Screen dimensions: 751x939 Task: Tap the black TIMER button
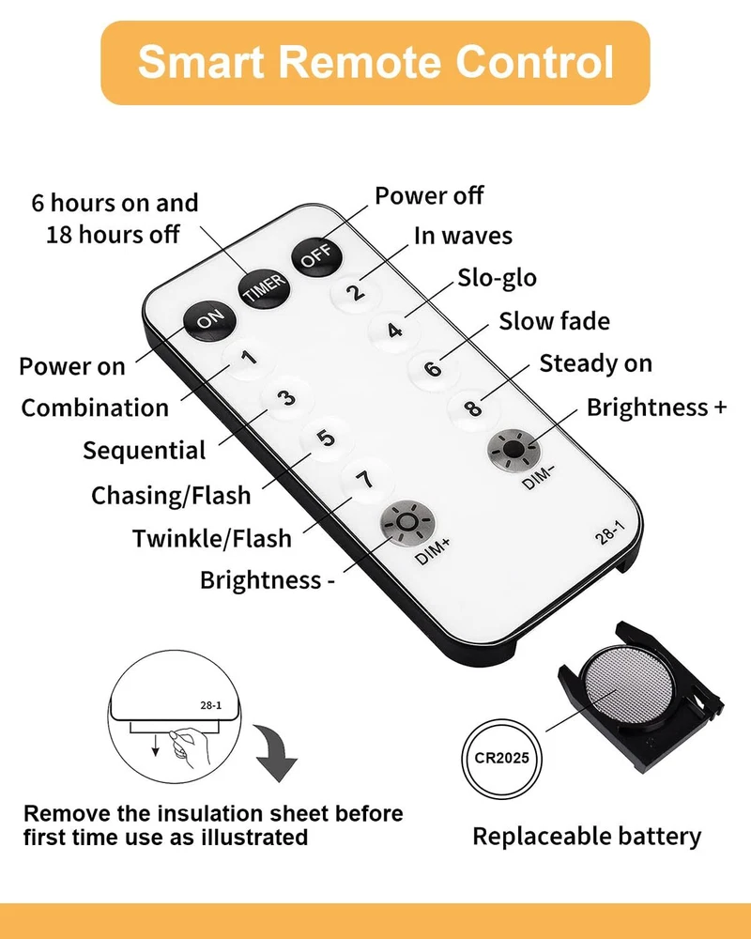pyautogui.click(x=264, y=288)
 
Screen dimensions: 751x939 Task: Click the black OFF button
pyautogui.click(x=316, y=255)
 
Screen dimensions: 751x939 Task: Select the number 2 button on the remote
pyautogui.click(x=357, y=292)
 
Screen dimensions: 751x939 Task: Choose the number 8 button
pyautogui.click(x=473, y=408)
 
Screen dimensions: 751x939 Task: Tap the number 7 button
pyautogui.click(x=365, y=480)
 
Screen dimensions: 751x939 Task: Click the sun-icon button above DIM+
pyautogui.click(x=407, y=522)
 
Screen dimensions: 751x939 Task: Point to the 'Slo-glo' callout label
pyautogui.click(x=498, y=279)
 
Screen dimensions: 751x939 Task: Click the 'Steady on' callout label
pyautogui.click(x=596, y=363)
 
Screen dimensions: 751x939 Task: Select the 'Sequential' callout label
pyautogui.click(x=145, y=451)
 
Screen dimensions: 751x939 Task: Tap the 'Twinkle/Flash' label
pyautogui.click(x=212, y=538)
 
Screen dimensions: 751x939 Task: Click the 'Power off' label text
pyautogui.click(x=429, y=196)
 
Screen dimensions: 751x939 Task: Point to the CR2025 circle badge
pyautogui.click(x=502, y=758)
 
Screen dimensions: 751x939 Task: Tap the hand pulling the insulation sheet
pyautogui.click(x=190, y=747)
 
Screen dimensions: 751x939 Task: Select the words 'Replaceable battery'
pyautogui.click(x=587, y=837)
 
